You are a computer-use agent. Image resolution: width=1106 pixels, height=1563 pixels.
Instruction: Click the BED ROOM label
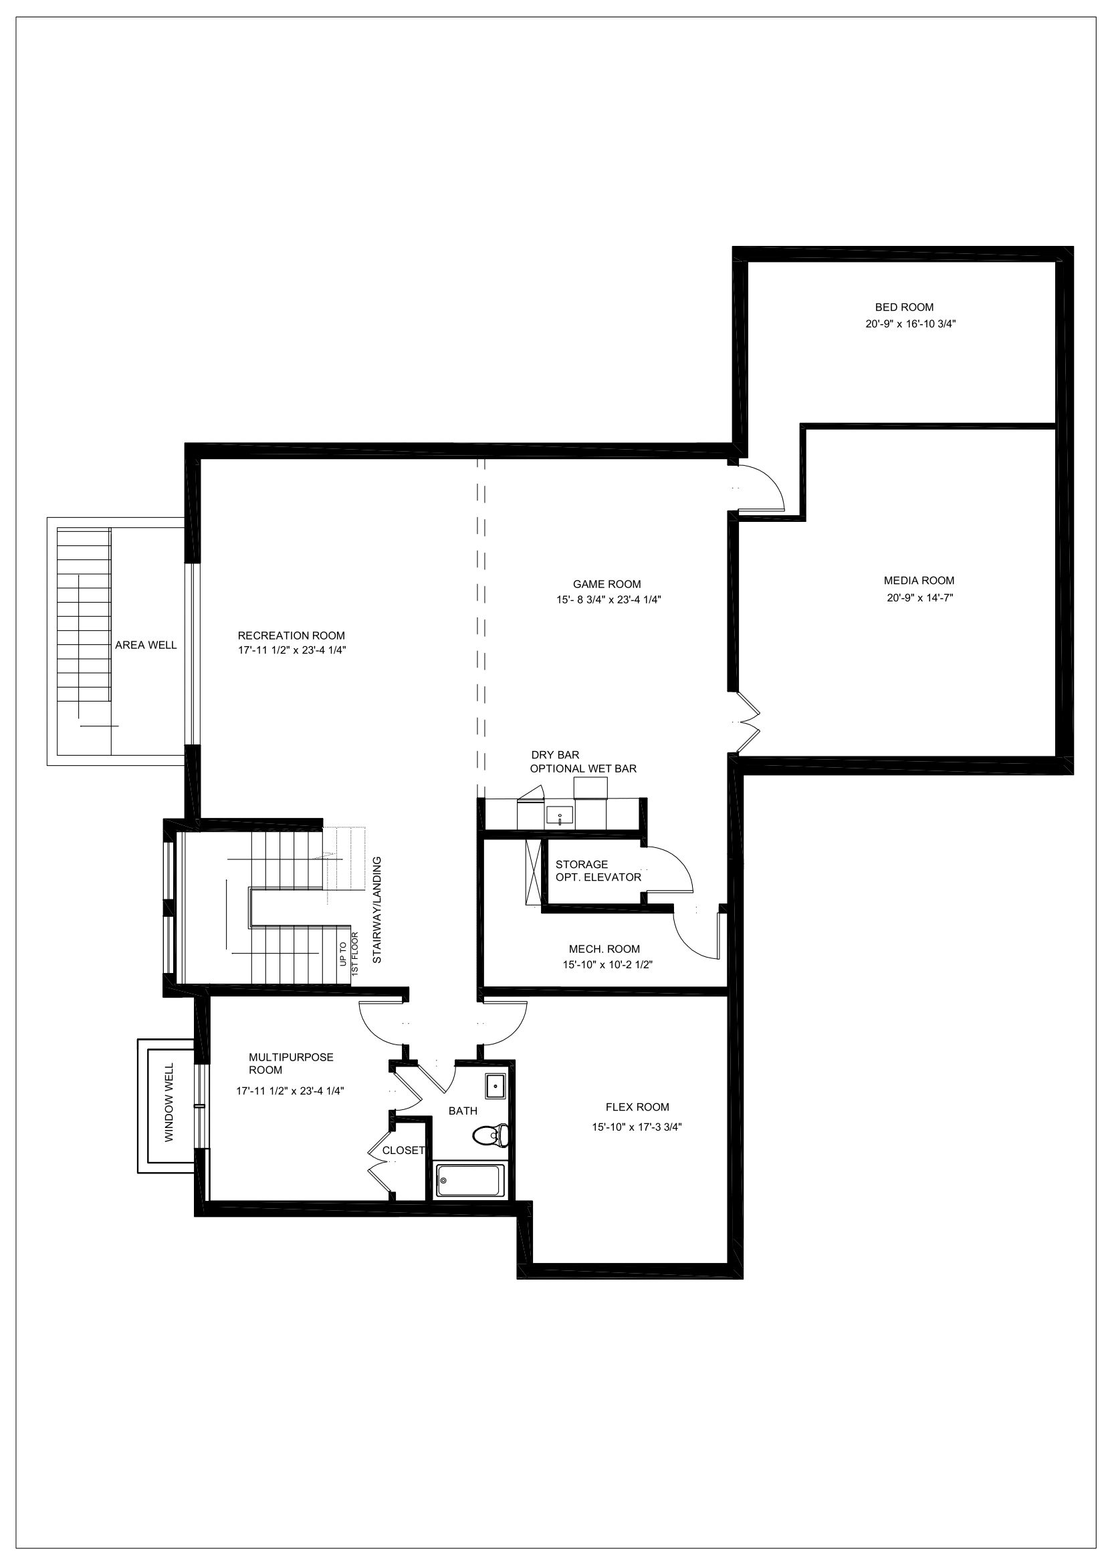click(x=904, y=307)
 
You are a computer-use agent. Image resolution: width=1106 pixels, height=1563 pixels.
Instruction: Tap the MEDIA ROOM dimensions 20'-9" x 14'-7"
click(x=919, y=597)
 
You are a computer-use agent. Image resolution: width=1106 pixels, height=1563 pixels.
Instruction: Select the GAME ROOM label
click(x=606, y=584)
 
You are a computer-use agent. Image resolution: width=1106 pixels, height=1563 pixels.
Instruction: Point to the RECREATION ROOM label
click(x=291, y=635)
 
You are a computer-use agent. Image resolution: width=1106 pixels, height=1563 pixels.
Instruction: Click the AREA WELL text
click(x=146, y=646)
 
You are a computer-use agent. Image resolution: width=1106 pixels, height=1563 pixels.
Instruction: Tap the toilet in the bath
click(x=490, y=1134)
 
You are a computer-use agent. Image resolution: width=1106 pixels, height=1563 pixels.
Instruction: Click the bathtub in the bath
click(x=471, y=1180)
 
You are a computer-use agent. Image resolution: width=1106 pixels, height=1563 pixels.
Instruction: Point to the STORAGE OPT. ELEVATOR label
click(x=598, y=871)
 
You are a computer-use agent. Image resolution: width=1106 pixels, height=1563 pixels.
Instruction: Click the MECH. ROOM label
click(x=604, y=949)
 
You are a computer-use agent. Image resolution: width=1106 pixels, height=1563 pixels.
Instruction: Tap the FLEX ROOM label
click(x=637, y=1107)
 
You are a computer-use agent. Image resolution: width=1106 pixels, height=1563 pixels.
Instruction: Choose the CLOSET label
click(x=404, y=1151)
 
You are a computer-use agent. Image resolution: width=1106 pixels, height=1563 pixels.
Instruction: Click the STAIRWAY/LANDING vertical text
click(x=376, y=909)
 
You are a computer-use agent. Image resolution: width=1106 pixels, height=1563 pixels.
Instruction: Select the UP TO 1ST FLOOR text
click(x=348, y=953)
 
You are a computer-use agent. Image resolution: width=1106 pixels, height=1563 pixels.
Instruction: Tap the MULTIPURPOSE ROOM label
click(x=291, y=1063)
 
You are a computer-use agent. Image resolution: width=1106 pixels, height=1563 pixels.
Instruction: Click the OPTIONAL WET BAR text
click(x=584, y=768)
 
